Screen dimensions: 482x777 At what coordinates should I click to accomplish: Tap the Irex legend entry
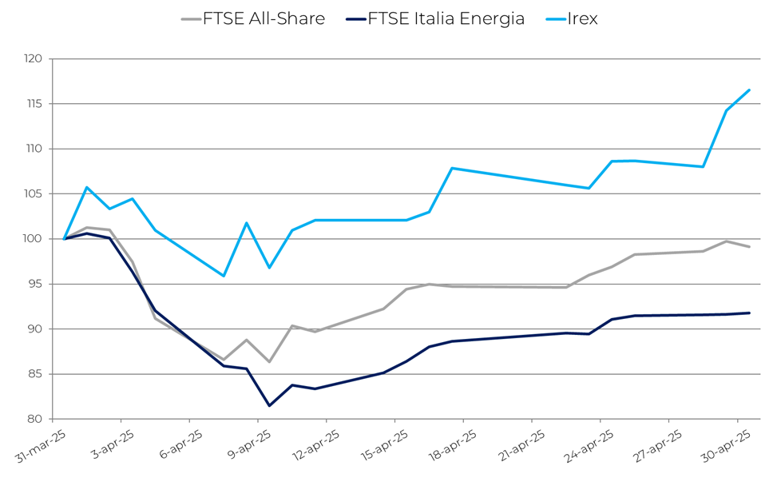pos(582,18)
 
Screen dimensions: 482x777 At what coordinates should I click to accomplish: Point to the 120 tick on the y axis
pos(33,59)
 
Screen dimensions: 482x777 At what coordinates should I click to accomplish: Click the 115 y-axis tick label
pos(33,104)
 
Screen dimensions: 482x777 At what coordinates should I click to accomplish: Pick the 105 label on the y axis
pos(33,194)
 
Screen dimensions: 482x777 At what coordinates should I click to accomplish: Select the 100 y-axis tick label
pos(33,239)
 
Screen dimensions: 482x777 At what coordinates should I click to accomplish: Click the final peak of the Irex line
pos(749,90)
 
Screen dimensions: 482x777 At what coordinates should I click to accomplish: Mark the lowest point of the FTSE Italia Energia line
pos(269,405)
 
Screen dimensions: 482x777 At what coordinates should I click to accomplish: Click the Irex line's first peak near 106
pos(87,187)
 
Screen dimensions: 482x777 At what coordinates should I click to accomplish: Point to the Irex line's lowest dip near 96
pos(224,276)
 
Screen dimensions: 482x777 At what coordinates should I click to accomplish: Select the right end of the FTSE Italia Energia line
pos(749,313)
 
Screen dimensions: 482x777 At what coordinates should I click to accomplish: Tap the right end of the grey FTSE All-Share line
pos(749,247)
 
